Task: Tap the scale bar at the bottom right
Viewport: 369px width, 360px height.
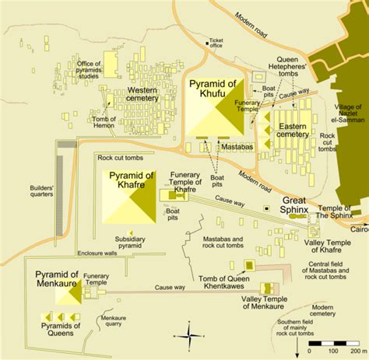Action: pos(335,342)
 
